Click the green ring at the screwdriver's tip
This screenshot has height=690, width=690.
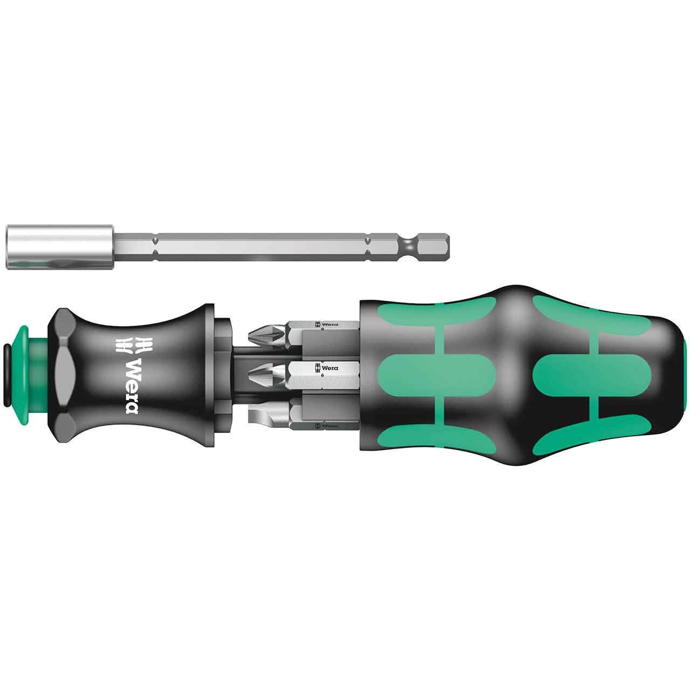27,361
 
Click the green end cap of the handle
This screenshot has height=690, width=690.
686,372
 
